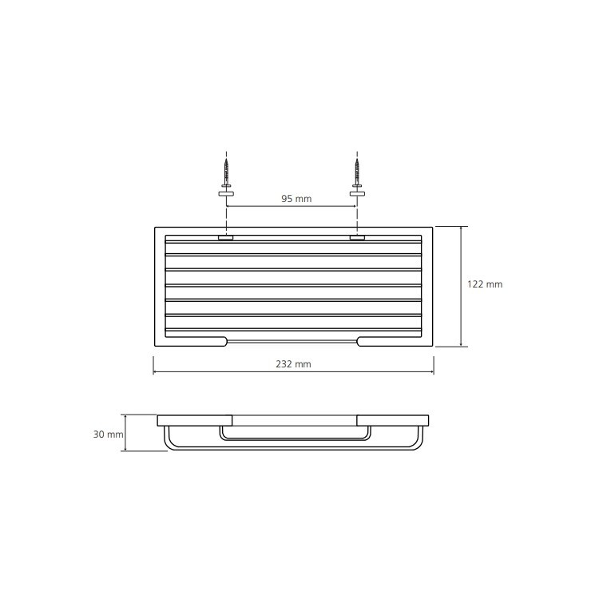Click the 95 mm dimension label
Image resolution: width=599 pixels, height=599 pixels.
click(x=296, y=199)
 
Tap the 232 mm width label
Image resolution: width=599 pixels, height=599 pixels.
click(x=293, y=364)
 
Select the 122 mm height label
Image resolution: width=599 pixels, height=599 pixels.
click(x=485, y=284)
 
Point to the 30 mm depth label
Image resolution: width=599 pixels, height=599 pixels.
click(x=108, y=434)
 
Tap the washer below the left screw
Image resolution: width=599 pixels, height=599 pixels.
click(x=226, y=194)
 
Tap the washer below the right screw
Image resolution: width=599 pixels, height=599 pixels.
click(x=357, y=194)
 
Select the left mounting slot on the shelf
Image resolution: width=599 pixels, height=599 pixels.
click(x=226, y=238)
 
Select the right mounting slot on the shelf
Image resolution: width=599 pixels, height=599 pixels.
click(x=357, y=238)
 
